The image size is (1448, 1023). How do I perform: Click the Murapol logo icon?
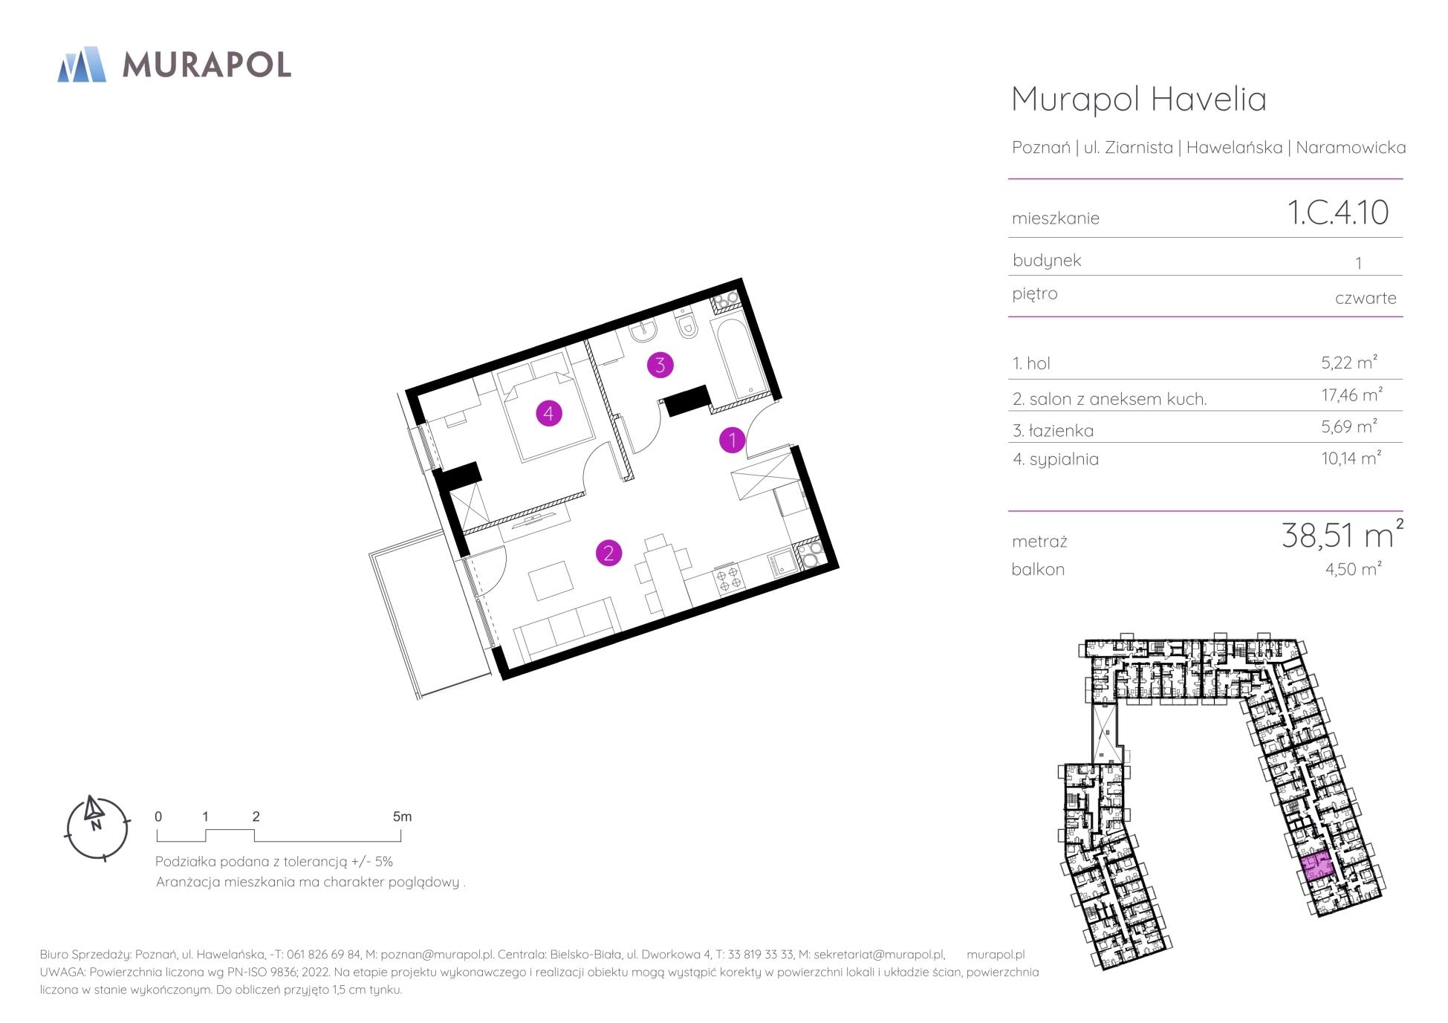82,64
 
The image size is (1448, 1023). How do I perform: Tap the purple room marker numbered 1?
733,441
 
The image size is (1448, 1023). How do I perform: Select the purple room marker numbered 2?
608,553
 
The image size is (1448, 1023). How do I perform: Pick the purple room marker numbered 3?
660,365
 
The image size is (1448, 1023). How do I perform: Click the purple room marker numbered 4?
548,413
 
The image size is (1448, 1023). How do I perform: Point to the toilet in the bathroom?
686,325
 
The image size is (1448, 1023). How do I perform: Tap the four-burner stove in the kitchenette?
727,579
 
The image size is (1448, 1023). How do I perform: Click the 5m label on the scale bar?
402,816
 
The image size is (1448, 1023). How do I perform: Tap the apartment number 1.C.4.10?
1337,212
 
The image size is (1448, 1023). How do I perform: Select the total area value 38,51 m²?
1342,534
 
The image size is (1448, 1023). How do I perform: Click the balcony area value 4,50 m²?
1353,569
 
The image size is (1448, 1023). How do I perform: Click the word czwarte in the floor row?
1366,298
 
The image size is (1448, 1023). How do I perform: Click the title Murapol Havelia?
1139,99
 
